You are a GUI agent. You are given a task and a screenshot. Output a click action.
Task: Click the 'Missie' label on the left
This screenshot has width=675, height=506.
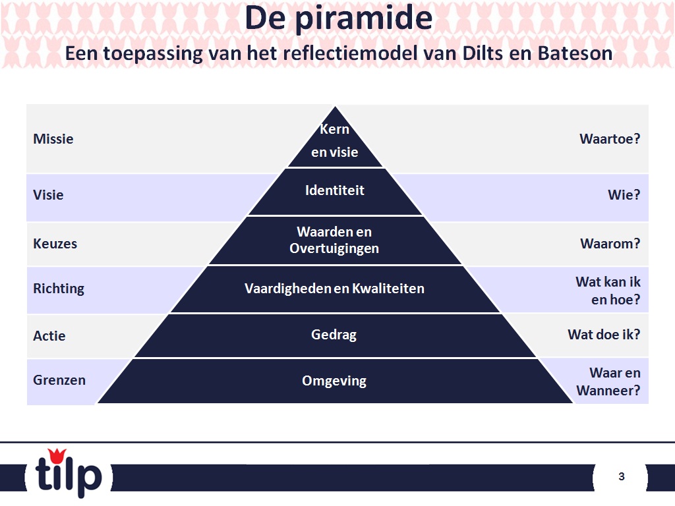pyautogui.click(x=53, y=139)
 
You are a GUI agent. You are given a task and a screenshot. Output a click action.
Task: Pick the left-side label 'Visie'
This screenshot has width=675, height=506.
pyautogui.click(x=48, y=195)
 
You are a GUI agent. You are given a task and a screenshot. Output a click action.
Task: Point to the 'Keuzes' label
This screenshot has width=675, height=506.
pyautogui.click(x=55, y=244)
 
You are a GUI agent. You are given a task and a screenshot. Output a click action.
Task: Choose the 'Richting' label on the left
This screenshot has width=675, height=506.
pyautogui.click(x=59, y=289)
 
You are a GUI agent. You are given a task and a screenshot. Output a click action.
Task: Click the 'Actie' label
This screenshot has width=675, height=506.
pyautogui.click(x=49, y=336)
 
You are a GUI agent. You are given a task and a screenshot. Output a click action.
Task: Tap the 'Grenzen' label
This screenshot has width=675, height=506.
pyautogui.click(x=59, y=380)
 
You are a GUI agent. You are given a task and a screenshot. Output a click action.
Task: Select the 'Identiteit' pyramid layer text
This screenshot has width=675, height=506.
pyautogui.click(x=335, y=190)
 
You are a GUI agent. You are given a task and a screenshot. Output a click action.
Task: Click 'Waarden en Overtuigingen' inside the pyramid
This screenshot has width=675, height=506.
pyautogui.click(x=334, y=240)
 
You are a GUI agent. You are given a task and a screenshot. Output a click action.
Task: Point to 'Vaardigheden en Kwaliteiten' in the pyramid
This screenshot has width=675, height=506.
pyautogui.click(x=334, y=289)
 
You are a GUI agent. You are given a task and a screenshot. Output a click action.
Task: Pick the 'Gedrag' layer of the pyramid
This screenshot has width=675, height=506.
pyautogui.click(x=334, y=335)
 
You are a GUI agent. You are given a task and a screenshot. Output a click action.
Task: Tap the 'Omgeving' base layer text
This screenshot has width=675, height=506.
pyautogui.click(x=334, y=381)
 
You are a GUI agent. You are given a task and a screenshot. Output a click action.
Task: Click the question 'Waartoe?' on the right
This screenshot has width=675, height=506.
pyautogui.click(x=610, y=139)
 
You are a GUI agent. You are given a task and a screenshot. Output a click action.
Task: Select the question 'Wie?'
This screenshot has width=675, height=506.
pyautogui.click(x=624, y=195)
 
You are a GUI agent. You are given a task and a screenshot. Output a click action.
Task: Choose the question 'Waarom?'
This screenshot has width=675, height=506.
pyautogui.click(x=610, y=244)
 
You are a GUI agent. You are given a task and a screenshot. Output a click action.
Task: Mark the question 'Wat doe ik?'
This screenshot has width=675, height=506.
pyautogui.click(x=604, y=335)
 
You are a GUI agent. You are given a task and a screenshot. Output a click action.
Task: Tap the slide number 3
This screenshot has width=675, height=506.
pyautogui.click(x=621, y=476)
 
